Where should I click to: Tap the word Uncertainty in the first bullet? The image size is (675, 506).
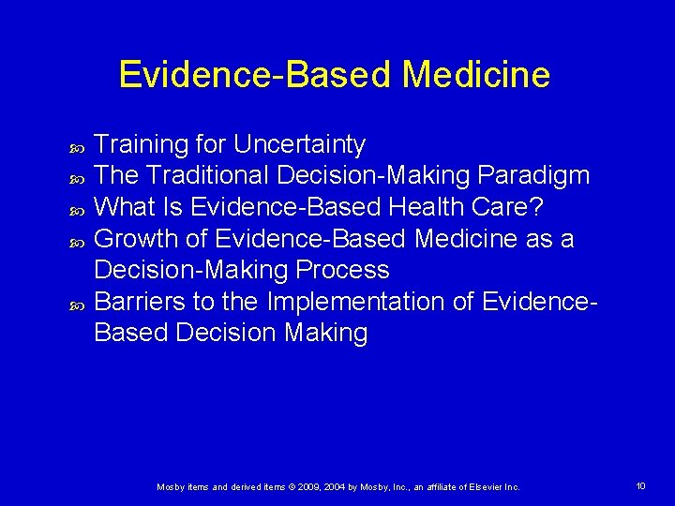pos(299,144)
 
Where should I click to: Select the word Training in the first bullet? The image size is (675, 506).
pos(142,144)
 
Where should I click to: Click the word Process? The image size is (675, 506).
pos(343,271)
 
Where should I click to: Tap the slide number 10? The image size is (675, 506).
pos(640,485)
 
